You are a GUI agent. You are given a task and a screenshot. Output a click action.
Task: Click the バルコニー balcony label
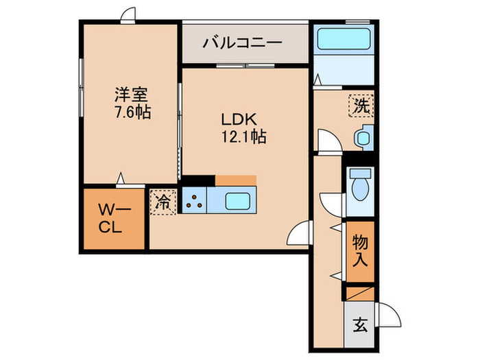(x=242, y=43)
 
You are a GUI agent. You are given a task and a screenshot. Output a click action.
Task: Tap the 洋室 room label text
(x=130, y=94)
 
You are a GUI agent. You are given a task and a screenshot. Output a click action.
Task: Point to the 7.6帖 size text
(x=130, y=111)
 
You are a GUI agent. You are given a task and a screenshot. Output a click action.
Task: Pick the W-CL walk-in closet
(x=114, y=219)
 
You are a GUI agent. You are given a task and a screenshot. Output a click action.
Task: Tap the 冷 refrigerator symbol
(x=164, y=202)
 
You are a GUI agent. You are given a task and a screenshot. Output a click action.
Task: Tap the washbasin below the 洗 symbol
(x=363, y=138)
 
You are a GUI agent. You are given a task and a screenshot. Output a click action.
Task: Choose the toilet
(x=358, y=183)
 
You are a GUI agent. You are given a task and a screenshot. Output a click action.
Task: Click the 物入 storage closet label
(x=360, y=251)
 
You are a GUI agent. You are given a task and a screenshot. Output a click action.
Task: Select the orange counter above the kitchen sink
(x=235, y=180)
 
